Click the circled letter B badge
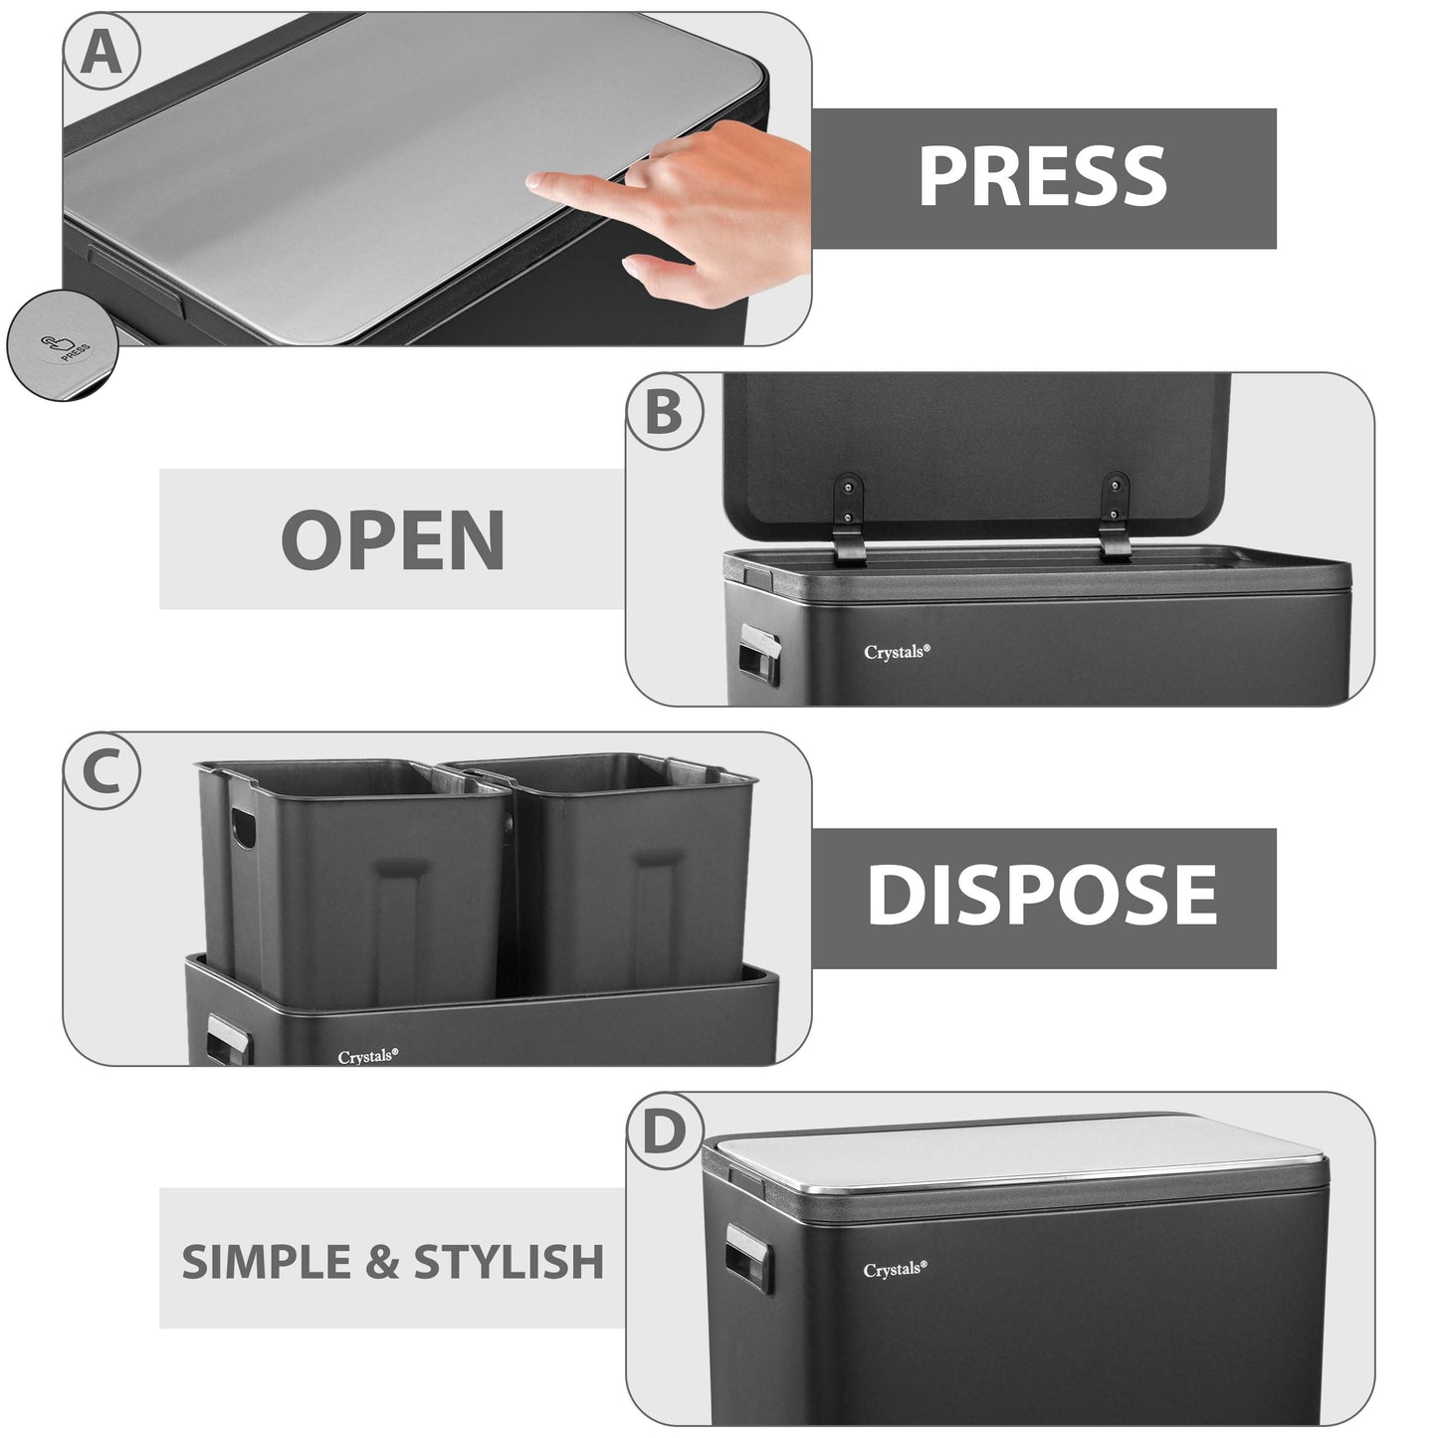click(x=664, y=411)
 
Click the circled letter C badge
click(x=101, y=772)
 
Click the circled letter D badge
click(x=664, y=1132)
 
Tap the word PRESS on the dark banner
click(x=1042, y=177)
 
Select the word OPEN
click(x=392, y=539)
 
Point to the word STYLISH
click(x=509, y=1262)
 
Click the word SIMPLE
click(x=267, y=1262)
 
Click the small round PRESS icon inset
click(x=62, y=345)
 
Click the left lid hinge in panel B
click(x=847, y=517)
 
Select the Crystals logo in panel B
click(x=897, y=652)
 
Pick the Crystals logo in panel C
click(x=367, y=1056)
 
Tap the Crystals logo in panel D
click(x=895, y=1270)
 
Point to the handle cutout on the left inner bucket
click(x=242, y=827)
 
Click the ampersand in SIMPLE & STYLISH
click(x=381, y=1262)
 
